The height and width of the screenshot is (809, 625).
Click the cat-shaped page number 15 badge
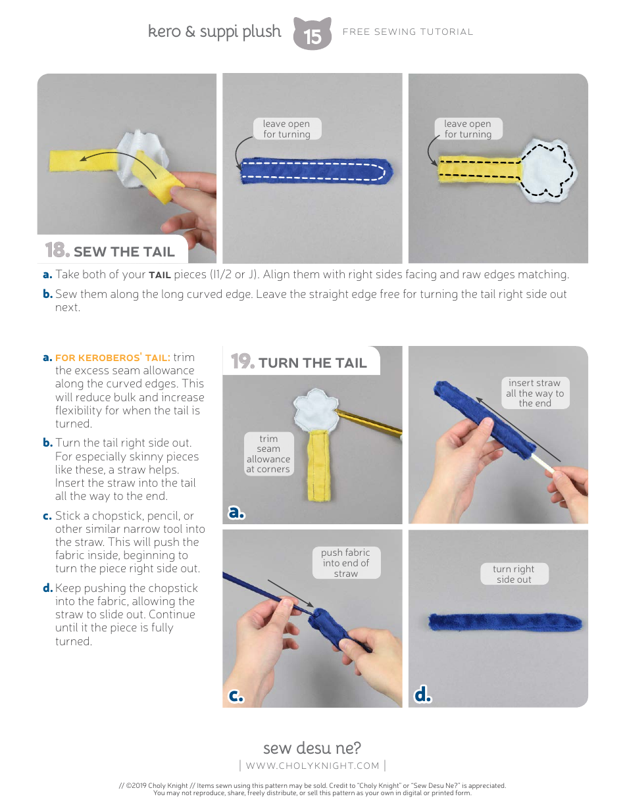click(312, 34)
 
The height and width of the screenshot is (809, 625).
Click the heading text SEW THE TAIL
click(124, 252)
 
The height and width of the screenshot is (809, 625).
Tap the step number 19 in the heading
click(242, 361)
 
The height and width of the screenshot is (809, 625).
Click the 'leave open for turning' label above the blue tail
click(287, 129)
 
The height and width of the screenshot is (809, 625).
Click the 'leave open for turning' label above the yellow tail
click(468, 129)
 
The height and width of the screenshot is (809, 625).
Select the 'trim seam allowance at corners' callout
click(268, 454)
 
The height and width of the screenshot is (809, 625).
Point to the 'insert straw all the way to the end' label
click(535, 393)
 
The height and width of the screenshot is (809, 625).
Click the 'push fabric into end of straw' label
click(346, 563)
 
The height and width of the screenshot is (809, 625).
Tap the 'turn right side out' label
click(514, 574)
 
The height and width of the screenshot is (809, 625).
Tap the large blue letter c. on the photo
click(236, 695)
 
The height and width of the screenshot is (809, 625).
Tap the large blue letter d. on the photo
click(422, 695)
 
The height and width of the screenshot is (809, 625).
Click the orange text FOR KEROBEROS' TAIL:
click(113, 358)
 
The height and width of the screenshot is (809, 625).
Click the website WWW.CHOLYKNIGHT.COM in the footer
click(312, 766)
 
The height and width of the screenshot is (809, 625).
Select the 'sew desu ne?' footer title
click(312, 748)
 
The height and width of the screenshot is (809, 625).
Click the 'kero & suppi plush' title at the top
click(214, 32)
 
